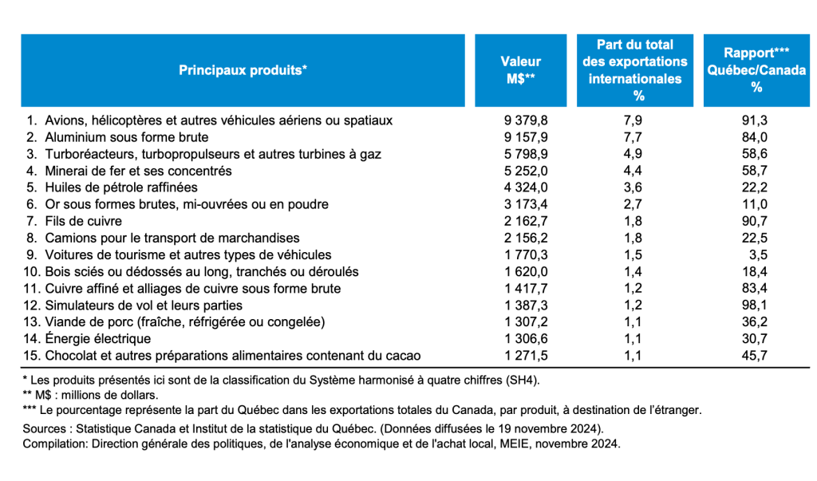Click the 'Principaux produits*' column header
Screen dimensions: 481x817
pyautogui.click(x=243, y=70)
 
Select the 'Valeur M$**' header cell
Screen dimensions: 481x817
pyautogui.click(x=520, y=70)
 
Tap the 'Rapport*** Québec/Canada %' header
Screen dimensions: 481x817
pyautogui.click(x=756, y=70)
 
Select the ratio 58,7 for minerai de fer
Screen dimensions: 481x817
pyautogui.click(x=755, y=171)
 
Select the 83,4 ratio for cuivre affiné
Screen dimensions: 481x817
pyautogui.click(x=755, y=288)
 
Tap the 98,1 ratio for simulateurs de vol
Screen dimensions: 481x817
pyautogui.click(x=755, y=305)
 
